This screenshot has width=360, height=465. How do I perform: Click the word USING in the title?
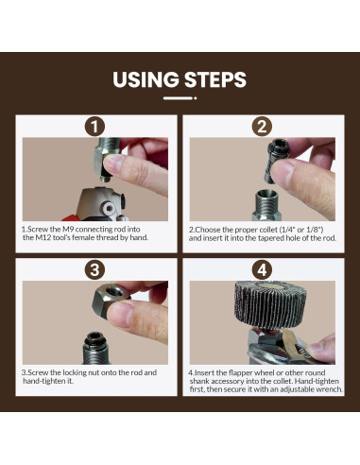pos(146,79)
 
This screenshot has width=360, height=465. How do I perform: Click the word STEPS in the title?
pos(215,79)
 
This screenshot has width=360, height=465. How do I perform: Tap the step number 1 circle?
pos(94,127)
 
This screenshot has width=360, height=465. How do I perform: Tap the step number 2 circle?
pos(262,127)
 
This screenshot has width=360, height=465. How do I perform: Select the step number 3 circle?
pos(94,270)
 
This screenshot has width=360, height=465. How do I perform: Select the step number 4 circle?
pos(262,270)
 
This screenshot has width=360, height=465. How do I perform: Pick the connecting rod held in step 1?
pos(106,159)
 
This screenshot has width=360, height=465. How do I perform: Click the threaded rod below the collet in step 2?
pos(266,205)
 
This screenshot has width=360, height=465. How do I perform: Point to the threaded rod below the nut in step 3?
pos(95,348)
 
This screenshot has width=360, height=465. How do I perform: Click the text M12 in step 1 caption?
pos(41,237)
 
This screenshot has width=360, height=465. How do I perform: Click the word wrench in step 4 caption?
pos(331,389)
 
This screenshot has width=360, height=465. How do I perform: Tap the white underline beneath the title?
pos(180,98)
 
